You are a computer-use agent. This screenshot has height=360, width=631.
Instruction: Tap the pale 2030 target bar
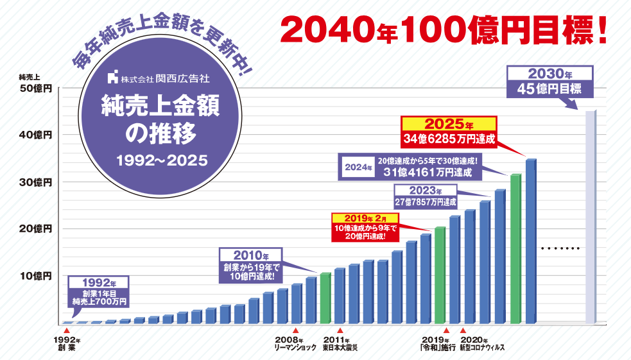[591, 218]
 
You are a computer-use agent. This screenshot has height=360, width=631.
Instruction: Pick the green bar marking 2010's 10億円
[325, 298]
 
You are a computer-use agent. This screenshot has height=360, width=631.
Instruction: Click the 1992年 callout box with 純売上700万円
[100, 292]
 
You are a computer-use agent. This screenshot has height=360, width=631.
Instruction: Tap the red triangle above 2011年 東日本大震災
[340, 330]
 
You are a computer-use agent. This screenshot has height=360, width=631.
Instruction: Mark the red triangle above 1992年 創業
[67, 330]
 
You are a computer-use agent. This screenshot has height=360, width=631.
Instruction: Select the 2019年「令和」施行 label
[439, 344]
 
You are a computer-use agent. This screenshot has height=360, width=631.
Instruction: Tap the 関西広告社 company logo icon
[114, 79]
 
